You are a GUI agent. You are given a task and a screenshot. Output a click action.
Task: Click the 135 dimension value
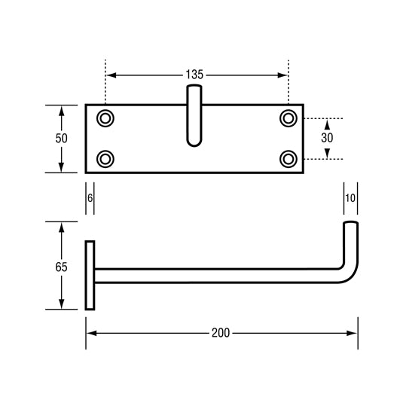pos(194,75)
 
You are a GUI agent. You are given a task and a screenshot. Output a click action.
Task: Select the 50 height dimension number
pos(62,139)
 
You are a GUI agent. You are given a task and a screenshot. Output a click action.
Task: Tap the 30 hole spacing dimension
pos(327,138)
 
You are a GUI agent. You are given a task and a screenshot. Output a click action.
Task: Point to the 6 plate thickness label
pos(90,197)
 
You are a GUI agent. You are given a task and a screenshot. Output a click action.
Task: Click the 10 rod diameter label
pos(350,197)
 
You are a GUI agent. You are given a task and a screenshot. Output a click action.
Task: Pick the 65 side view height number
pos(62,267)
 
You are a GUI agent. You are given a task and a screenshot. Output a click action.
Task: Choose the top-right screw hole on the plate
pos(289,118)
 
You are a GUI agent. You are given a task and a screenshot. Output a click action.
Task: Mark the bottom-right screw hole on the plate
pos(289,158)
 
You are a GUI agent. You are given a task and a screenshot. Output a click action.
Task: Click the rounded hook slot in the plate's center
pos(194,117)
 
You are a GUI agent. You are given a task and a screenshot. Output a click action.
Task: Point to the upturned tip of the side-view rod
pos(351,230)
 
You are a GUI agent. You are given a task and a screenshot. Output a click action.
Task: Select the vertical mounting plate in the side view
pos(90,275)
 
